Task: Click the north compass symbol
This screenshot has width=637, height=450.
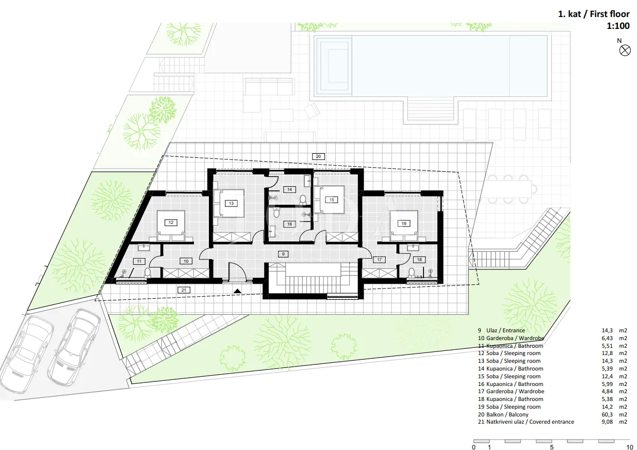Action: [x=625, y=51]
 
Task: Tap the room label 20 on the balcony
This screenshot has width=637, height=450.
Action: [x=318, y=156]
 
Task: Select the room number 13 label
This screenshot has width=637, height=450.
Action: [x=231, y=203]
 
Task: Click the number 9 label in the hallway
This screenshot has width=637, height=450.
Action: [x=283, y=254]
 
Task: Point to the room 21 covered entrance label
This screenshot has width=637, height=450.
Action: [x=184, y=290]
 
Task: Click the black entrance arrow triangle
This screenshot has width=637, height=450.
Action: [x=237, y=291]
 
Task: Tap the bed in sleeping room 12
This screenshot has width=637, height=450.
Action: [x=171, y=226]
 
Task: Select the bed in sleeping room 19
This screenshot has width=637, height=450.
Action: [x=403, y=226]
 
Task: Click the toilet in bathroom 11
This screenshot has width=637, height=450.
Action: [x=148, y=273]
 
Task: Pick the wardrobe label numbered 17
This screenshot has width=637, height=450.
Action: [x=379, y=260]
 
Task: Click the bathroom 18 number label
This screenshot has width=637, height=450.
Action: [x=419, y=260]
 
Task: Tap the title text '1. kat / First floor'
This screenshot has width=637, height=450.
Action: [x=594, y=14]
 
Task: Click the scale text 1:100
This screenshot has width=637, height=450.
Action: [x=618, y=26]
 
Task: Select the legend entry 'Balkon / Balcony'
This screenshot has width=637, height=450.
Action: [x=503, y=414]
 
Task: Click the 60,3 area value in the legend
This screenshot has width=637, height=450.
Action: [x=607, y=414]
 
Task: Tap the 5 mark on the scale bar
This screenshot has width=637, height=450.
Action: [x=551, y=447]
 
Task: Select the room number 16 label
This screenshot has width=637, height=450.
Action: [x=289, y=224]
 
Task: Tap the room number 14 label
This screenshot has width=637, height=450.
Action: [x=289, y=189]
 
